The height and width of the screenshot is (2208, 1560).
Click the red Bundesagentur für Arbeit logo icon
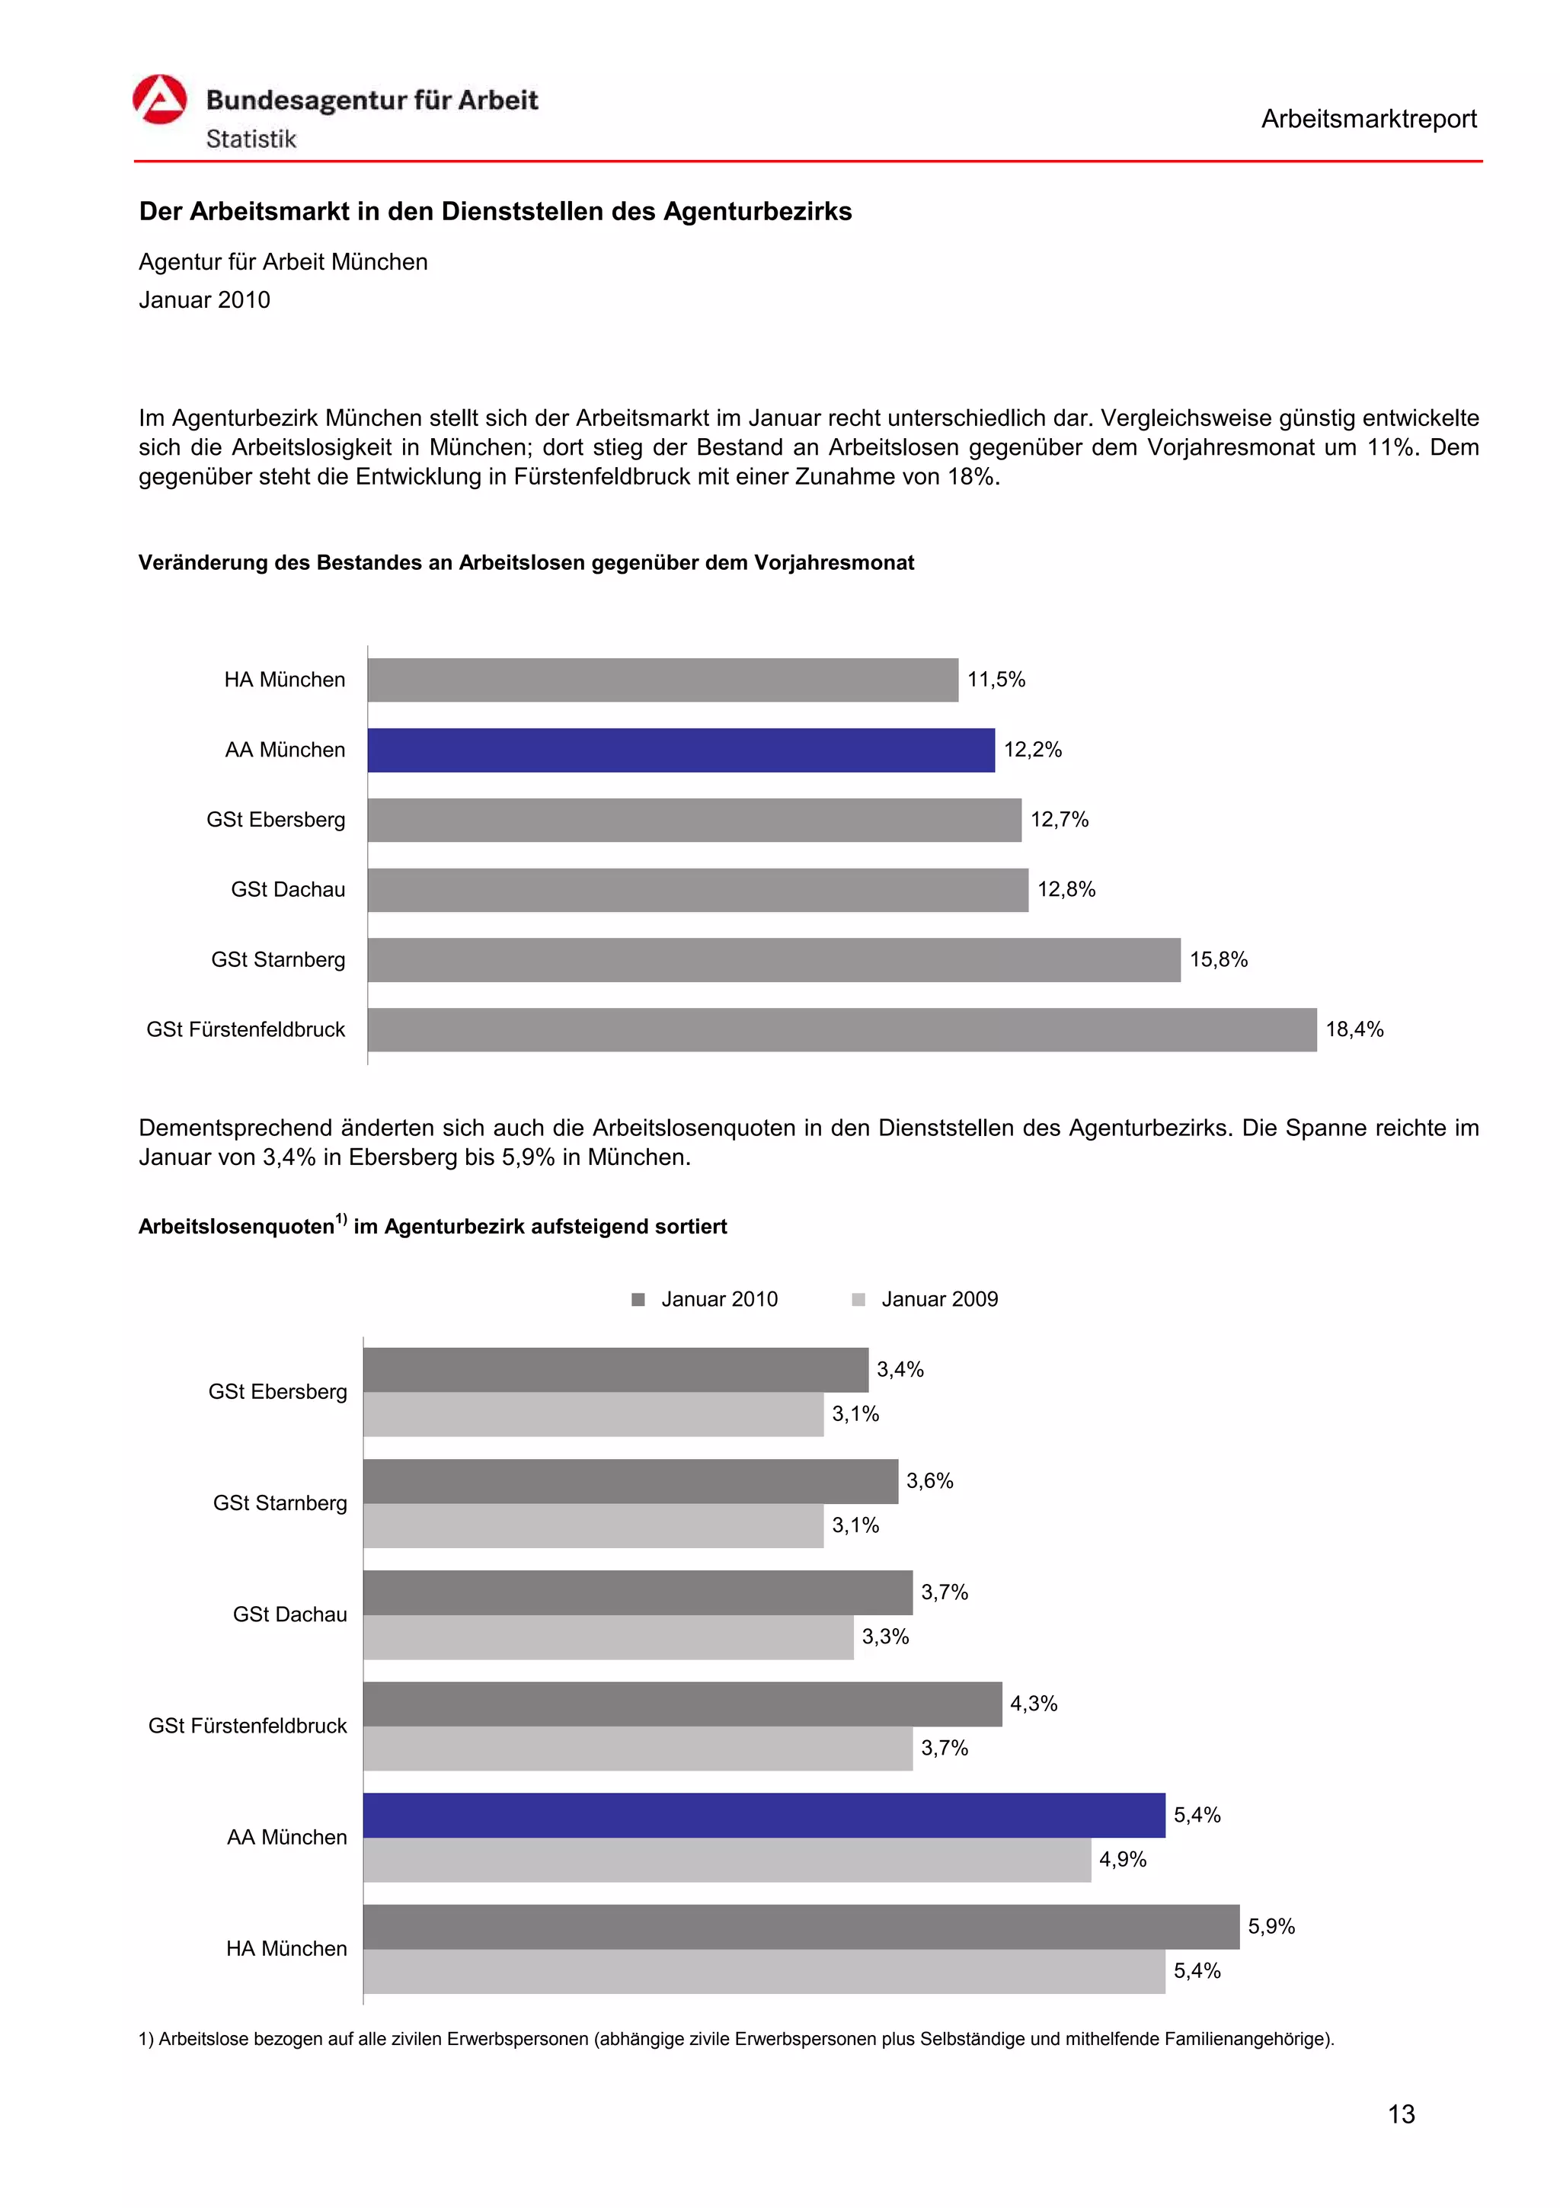(x=159, y=100)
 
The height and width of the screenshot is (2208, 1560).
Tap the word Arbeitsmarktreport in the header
(x=1368, y=120)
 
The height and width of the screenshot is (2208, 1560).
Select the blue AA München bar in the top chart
(x=680, y=750)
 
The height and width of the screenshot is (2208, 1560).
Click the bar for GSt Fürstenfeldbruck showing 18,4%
(x=841, y=1030)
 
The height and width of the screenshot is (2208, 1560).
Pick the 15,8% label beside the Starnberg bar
(x=1218, y=960)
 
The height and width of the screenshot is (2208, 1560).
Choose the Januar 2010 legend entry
(x=718, y=1299)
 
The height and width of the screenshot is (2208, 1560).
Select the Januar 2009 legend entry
(x=939, y=1299)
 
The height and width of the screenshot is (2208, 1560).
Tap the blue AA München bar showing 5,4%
(x=763, y=1815)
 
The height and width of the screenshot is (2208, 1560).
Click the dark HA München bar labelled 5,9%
(x=801, y=1926)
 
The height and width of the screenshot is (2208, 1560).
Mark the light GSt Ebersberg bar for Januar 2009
(x=593, y=1415)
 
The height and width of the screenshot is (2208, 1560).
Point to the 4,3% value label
(x=1034, y=1704)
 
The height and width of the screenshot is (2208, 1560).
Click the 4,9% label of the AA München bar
(x=1123, y=1860)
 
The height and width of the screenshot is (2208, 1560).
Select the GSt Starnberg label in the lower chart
(x=280, y=1503)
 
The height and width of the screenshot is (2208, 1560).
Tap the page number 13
(x=1401, y=2115)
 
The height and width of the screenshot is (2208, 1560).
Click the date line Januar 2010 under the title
(x=205, y=300)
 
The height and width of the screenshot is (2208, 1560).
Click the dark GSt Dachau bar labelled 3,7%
(x=638, y=1592)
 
